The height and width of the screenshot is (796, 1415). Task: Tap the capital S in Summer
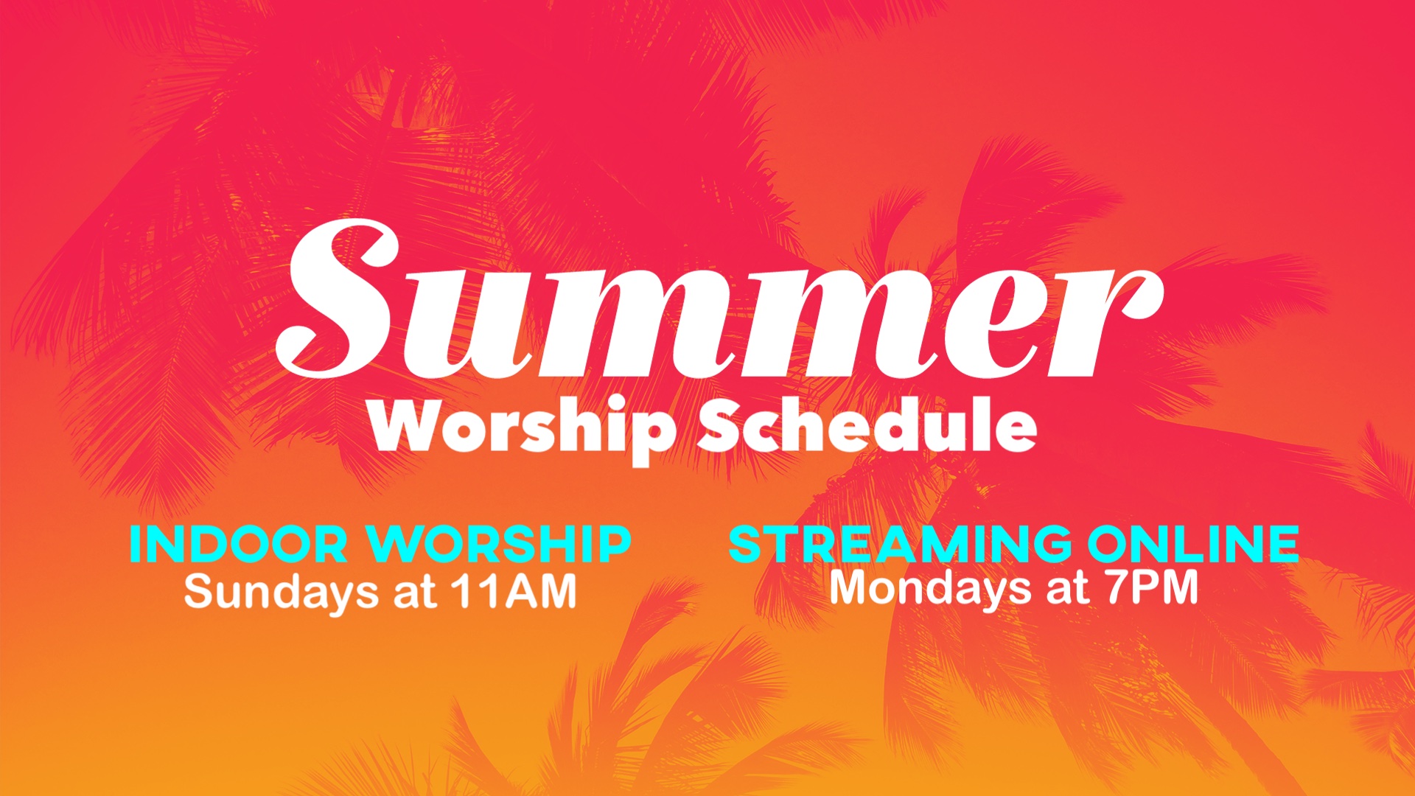(339, 298)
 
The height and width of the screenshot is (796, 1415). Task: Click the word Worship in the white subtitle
(523, 430)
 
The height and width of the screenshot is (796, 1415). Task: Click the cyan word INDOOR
(238, 544)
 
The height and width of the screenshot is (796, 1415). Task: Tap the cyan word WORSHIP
(500, 544)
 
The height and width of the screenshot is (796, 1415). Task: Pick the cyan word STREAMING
(900, 544)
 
